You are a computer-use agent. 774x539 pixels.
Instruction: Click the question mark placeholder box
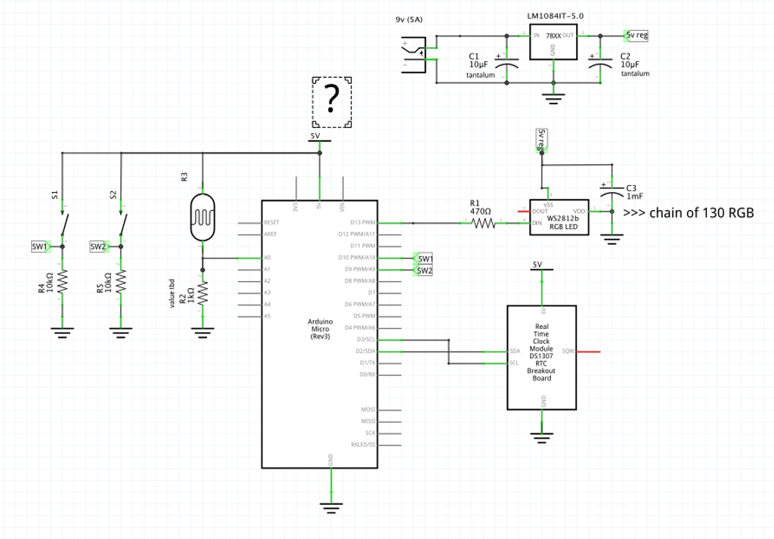pyautogui.click(x=331, y=102)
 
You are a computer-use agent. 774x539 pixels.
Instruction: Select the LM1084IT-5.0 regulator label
pyautogui.click(x=555, y=15)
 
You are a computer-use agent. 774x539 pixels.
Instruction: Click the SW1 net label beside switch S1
pyautogui.click(x=40, y=246)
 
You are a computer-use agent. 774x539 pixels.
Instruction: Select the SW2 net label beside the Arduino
pyautogui.click(x=424, y=270)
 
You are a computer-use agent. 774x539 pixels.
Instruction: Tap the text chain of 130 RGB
pyautogui.click(x=689, y=212)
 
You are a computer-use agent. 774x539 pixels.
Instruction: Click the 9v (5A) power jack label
pyautogui.click(x=409, y=20)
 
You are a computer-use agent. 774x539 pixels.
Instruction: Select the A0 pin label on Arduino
pyautogui.click(x=266, y=259)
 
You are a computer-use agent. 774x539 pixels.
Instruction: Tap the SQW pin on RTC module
pyautogui.click(x=569, y=352)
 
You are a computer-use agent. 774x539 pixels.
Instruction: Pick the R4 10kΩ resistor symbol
pyautogui.click(x=62, y=282)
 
